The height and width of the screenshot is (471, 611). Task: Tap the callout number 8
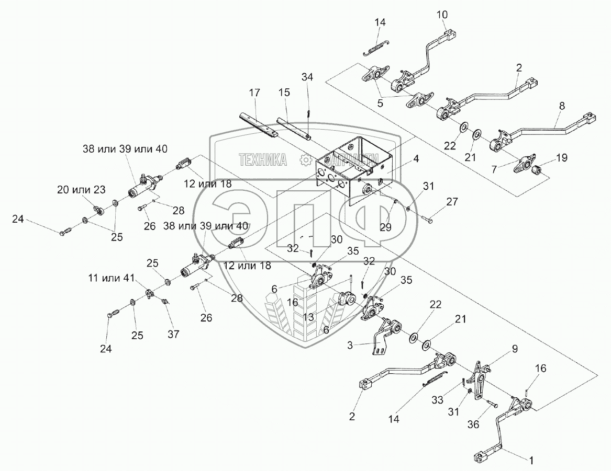[562, 106]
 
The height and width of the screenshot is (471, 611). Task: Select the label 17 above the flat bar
[254, 93]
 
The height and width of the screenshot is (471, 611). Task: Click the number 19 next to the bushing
[562, 157]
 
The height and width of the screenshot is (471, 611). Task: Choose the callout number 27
[452, 202]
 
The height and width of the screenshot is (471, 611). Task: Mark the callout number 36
[473, 425]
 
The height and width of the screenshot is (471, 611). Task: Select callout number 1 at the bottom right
[531, 461]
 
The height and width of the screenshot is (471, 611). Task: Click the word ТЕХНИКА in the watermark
[263, 160]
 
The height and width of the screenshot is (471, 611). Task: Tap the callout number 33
[438, 399]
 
